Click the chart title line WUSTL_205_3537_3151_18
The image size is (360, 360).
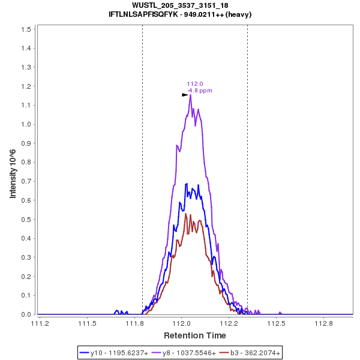pyautogui.click(x=179, y=5)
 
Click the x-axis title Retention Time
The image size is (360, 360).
pyautogui.click(x=195, y=335)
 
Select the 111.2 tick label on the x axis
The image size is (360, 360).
pyautogui.click(x=40, y=323)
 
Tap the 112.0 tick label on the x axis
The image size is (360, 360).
pyautogui.click(x=182, y=323)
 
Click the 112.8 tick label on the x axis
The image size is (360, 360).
pyautogui.click(x=324, y=323)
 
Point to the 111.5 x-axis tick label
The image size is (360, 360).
pyautogui.click(x=87, y=323)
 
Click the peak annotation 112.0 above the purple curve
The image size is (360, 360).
pyautogui.click(x=195, y=84)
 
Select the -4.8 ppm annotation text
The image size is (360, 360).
pyautogui.click(x=199, y=91)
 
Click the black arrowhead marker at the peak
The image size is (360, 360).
pyautogui.click(x=185, y=95)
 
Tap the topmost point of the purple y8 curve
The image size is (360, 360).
pyautogui.click(x=190, y=95)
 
